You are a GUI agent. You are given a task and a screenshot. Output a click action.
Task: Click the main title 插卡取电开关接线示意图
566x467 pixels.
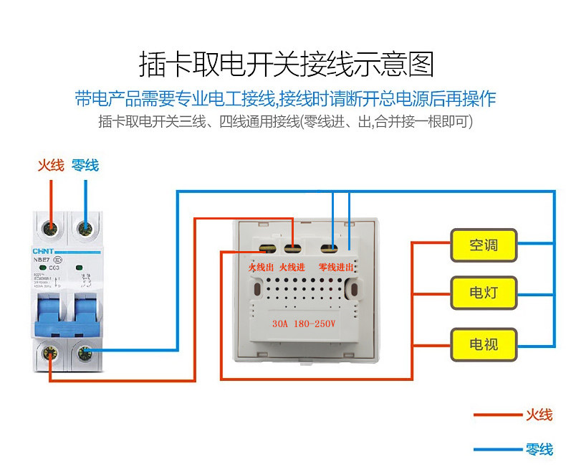(x=286, y=64)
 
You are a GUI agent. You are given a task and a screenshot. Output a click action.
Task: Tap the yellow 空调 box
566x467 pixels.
(x=483, y=245)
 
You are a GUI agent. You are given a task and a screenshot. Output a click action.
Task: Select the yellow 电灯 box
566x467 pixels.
(x=483, y=293)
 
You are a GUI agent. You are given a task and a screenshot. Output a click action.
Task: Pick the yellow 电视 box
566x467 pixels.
(x=483, y=344)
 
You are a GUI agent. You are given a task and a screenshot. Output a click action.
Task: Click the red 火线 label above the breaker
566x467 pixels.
(x=51, y=166)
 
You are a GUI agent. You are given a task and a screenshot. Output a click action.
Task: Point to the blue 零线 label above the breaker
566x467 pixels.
(x=85, y=166)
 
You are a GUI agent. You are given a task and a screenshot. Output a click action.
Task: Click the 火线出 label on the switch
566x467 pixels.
(x=261, y=267)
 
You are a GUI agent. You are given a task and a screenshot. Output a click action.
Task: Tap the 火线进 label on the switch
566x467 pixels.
(x=292, y=267)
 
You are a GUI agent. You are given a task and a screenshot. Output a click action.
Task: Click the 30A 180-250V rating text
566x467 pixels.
(x=304, y=323)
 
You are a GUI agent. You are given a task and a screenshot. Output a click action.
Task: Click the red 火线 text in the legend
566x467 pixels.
(x=539, y=415)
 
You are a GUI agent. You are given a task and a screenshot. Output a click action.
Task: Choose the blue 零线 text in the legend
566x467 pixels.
(x=539, y=450)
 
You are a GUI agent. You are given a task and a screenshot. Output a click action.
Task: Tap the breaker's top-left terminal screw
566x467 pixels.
(x=51, y=229)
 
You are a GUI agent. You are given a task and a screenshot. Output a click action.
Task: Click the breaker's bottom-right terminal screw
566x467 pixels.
(x=85, y=352)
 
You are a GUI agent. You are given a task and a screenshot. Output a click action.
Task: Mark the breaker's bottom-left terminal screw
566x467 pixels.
(x=51, y=352)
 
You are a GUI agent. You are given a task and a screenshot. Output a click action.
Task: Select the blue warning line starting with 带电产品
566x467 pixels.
(x=285, y=98)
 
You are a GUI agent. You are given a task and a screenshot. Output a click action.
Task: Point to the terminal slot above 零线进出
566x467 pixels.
(x=330, y=250)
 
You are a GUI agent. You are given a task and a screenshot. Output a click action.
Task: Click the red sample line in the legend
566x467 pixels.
(x=497, y=415)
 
